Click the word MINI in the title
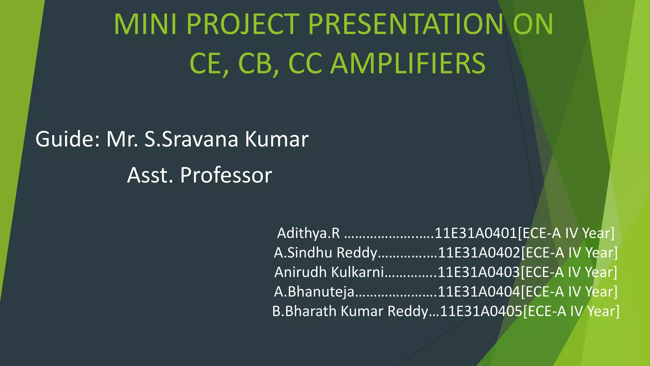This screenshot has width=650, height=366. click(x=145, y=24)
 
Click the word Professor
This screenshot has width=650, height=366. click(x=226, y=175)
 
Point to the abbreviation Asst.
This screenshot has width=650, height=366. click(x=150, y=175)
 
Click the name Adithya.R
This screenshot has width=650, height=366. click(x=308, y=233)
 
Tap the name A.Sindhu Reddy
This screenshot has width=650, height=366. click(x=325, y=253)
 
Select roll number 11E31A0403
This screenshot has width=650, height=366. click(x=479, y=272)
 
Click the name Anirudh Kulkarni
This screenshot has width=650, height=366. click(x=329, y=272)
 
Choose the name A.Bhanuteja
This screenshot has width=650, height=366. click(x=314, y=292)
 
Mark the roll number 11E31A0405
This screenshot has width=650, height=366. click(x=481, y=311)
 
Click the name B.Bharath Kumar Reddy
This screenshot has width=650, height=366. click(x=350, y=311)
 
